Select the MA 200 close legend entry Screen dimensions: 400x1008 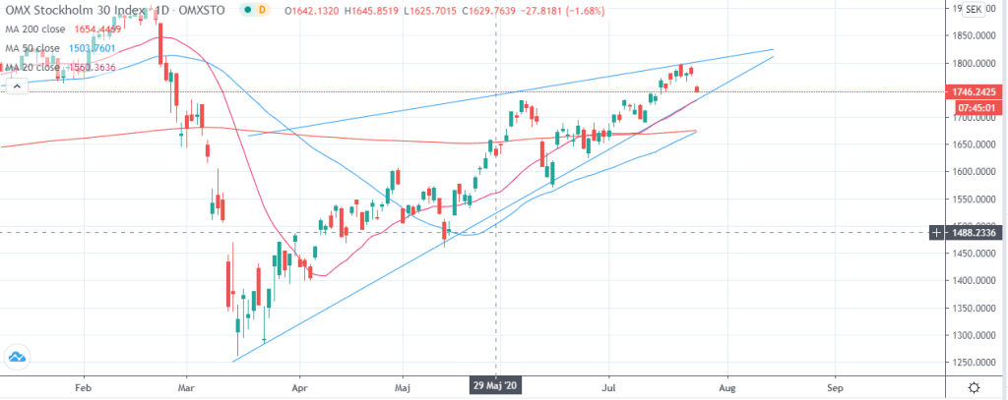tap(36, 29)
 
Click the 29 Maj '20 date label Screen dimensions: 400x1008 tap(495, 387)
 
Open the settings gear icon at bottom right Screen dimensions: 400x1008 tap(973, 387)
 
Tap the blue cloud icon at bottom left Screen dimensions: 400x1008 tap(17, 358)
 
